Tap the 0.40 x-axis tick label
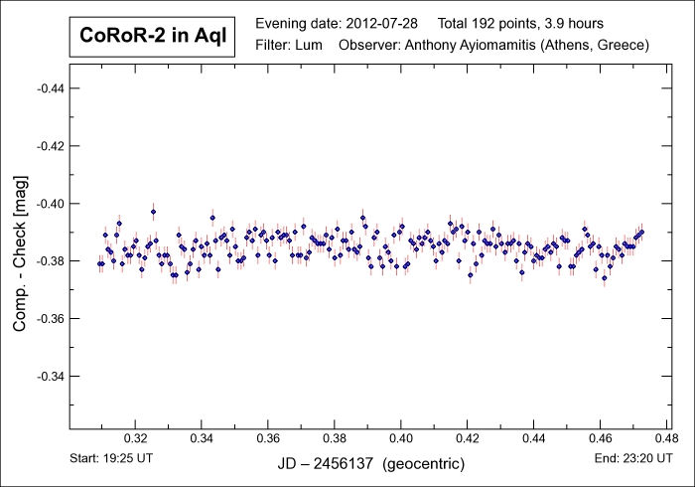tap(401, 438)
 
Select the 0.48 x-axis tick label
tap(665, 438)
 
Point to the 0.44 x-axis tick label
tap(533, 438)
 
